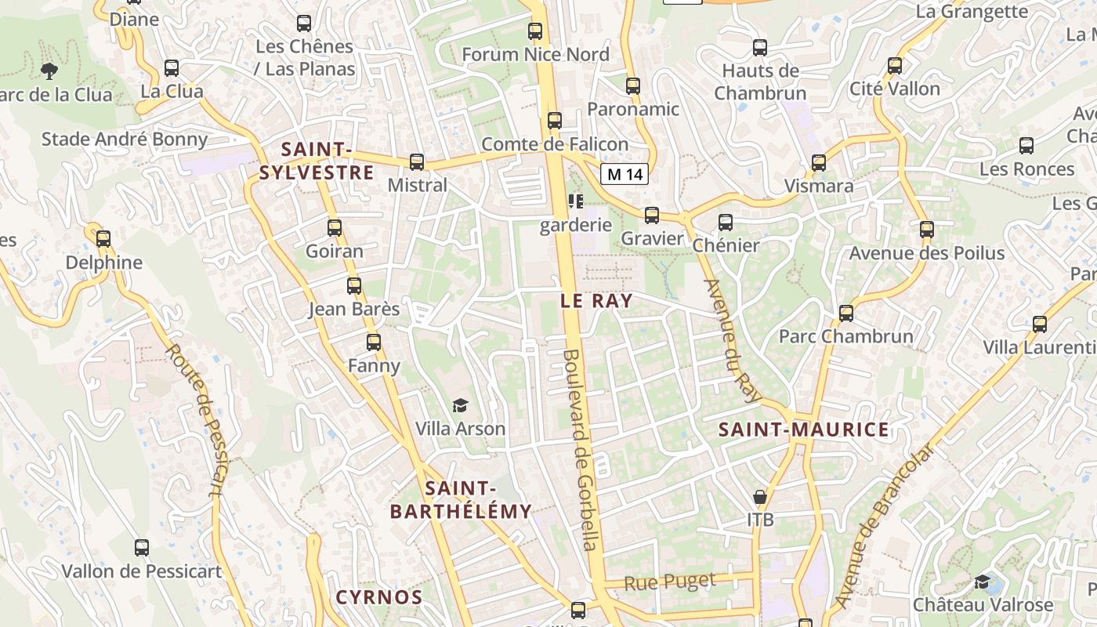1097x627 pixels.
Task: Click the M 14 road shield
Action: point(625,174)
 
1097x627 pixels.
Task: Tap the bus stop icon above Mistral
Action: point(417,162)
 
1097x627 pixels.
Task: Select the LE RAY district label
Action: point(596,301)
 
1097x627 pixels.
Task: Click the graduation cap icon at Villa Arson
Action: point(460,406)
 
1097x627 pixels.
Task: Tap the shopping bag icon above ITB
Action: point(759,497)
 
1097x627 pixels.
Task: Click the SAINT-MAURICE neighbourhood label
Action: point(804,429)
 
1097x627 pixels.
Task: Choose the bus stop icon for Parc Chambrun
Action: point(846,313)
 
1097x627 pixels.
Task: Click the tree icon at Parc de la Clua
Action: point(49,71)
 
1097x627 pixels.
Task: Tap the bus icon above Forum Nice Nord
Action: point(535,31)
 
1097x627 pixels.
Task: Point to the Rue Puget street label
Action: point(670,582)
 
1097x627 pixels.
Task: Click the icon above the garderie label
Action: point(576,202)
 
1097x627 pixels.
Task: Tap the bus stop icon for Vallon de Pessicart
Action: point(142,548)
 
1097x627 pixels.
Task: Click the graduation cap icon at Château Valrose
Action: point(983,582)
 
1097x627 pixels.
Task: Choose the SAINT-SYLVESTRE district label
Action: point(317,161)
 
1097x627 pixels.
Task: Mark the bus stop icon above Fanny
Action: point(374,342)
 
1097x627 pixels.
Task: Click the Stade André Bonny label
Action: point(125,140)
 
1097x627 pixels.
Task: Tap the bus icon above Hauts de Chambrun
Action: point(759,48)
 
